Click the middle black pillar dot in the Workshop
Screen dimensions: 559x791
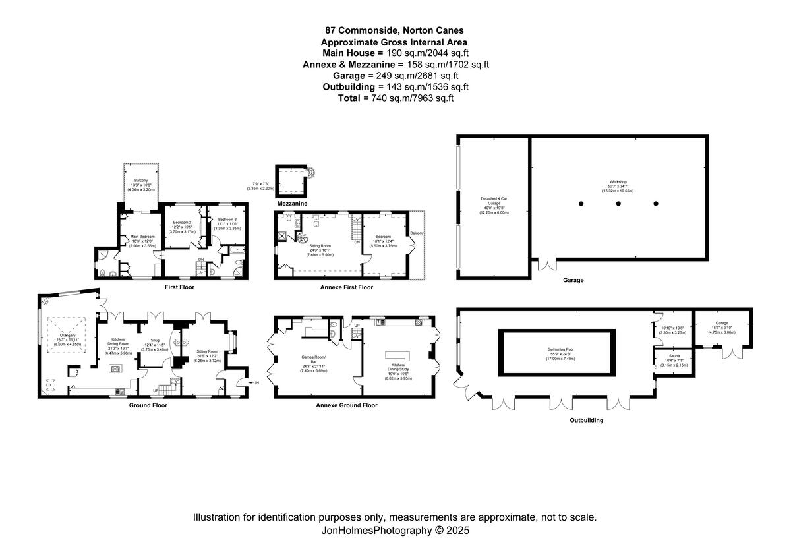coord(618,204)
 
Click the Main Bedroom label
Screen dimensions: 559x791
coord(142,237)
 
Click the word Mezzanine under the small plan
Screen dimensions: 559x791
coord(292,204)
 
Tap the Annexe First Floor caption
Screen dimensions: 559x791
coord(346,287)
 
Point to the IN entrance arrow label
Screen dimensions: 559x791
coord(256,382)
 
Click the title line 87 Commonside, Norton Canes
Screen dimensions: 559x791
coord(395,30)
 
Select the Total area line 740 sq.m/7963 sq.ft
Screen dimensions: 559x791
coord(395,98)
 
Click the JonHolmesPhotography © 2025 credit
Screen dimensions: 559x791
coord(395,530)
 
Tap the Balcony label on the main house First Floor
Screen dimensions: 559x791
coord(141,181)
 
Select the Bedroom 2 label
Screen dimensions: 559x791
coord(182,223)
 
